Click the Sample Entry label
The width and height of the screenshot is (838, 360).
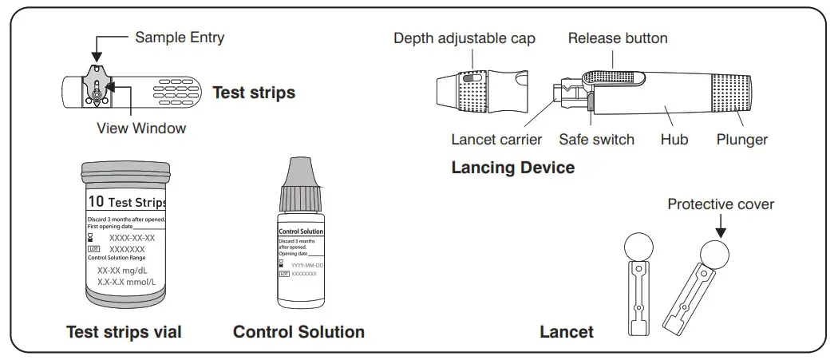(x=180, y=37)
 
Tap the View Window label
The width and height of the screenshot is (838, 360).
(x=141, y=128)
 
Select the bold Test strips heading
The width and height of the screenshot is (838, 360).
(x=254, y=93)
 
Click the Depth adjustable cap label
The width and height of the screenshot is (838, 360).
(x=464, y=38)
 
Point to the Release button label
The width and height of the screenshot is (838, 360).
(x=618, y=38)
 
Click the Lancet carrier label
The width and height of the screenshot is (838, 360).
(x=496, y=140)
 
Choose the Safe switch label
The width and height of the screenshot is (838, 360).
(x=596, y=140)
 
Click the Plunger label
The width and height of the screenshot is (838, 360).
(x=741, y=140)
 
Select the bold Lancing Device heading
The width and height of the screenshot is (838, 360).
(x=512, y=168)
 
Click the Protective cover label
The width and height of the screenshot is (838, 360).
(x=721, y=204)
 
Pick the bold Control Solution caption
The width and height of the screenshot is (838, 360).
(x=298, y=332)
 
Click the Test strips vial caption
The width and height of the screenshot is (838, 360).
(x=124, y=332)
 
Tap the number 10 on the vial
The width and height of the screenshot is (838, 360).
(x=96, y=202)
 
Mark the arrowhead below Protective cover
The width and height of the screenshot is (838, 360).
(x=721, y=232)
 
